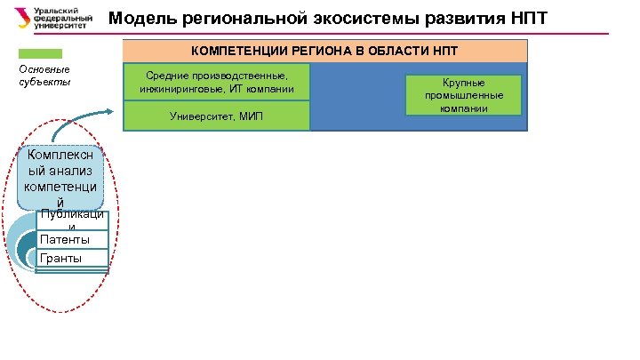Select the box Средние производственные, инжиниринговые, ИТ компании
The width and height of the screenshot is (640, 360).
pos(217,83)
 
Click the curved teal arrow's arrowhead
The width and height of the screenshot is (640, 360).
pos(110,110)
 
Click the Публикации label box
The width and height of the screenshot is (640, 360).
pos(71,220)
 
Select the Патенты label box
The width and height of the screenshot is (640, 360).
pos(71,240)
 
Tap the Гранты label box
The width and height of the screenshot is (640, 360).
pos(71,259)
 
